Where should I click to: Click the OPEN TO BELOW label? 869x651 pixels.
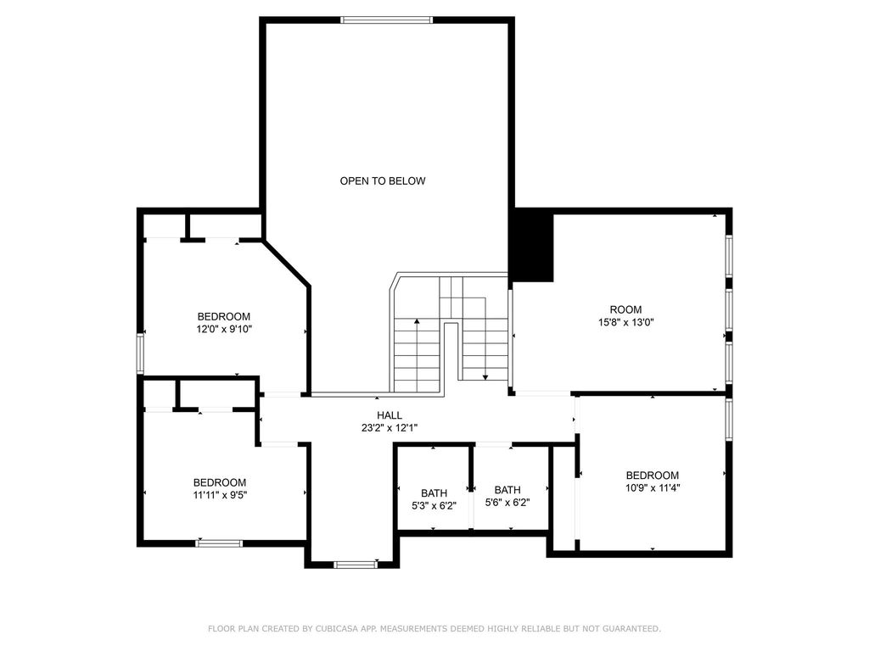(383, 181)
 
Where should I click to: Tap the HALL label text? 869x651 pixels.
(390, 415)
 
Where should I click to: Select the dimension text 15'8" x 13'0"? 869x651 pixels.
(625, 322)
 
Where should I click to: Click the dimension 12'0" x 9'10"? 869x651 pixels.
(224, 330)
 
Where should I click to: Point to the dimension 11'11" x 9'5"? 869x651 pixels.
(220, 495)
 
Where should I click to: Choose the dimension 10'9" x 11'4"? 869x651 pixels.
(653, 488)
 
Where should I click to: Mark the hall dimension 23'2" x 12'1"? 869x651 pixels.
(390, 428)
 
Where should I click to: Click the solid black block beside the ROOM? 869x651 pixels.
(531, 245)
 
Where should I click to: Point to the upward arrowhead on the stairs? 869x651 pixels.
(417, 321)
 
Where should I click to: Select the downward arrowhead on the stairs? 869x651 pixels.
(485, 377)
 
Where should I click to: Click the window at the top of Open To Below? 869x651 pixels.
(386, 20)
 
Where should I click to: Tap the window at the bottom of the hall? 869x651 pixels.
(356, 565)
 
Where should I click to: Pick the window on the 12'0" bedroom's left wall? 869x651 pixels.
(141, 353)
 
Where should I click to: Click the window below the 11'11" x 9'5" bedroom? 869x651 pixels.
(219, 543)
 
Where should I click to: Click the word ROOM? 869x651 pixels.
(625, 310)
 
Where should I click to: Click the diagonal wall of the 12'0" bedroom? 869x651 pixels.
(286, 264)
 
